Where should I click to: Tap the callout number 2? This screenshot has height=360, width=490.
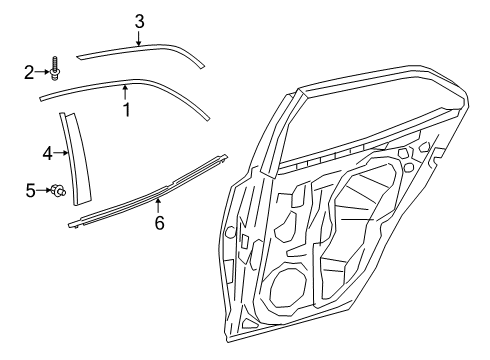pyautogui.click(x=30, y=71)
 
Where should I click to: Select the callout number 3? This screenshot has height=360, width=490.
pyautogui.click(x=139, y=20)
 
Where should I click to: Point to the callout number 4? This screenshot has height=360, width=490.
pyautogui.click(x=47, y=153)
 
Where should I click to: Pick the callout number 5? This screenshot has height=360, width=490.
pyautogui.click(x=30, y=187)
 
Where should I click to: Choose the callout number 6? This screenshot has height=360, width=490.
pyautogui.click(x=158, y=222)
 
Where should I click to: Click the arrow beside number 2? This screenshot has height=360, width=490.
pyautogui.click(x=43, y=71)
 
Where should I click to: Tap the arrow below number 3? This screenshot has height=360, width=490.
pyautogui.click(x=139, y=38)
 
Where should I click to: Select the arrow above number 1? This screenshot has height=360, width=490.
pyautogui.click(x=126, y=93)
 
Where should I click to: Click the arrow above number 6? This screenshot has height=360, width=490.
pyautogui.click(x=158, y=204)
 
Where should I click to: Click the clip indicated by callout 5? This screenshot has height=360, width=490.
pyautogui.click(x=58, y=188)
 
